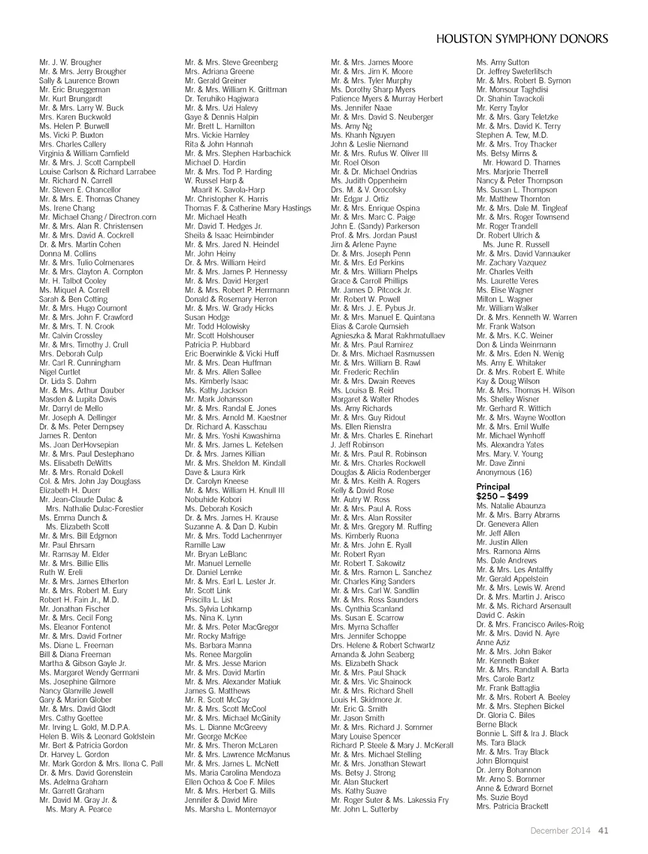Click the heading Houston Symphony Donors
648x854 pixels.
(x=522, y=39)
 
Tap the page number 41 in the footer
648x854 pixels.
(x=603, y=831)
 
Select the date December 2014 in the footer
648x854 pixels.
(x=560, y=831)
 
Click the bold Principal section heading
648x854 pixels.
(x=493, y=487)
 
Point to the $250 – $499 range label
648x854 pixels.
(x=502, y=496)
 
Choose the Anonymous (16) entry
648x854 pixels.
(x=504, y=472)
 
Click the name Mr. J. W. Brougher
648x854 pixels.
(x=70, y=63)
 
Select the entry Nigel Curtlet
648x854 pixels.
(x=59, y=372)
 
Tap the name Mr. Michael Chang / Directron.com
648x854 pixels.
(x=97, y=217)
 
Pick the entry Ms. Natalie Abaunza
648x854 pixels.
(x=511, y=506)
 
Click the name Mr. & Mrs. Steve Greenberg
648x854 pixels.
(x=231, y=63)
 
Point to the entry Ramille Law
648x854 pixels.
(x=205, y=545)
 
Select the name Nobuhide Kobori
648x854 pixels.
(x=213, y=499)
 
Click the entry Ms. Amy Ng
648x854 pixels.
(x=351, y=127)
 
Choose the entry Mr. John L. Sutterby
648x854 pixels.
(x=364, y=809)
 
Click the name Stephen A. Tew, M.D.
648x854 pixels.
(x=512, y=135)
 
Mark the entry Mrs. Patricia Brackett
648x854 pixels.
(x=512, y=807)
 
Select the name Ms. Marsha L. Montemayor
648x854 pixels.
(x=230, y=809)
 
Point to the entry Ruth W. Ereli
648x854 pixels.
(x=61, y=572)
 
